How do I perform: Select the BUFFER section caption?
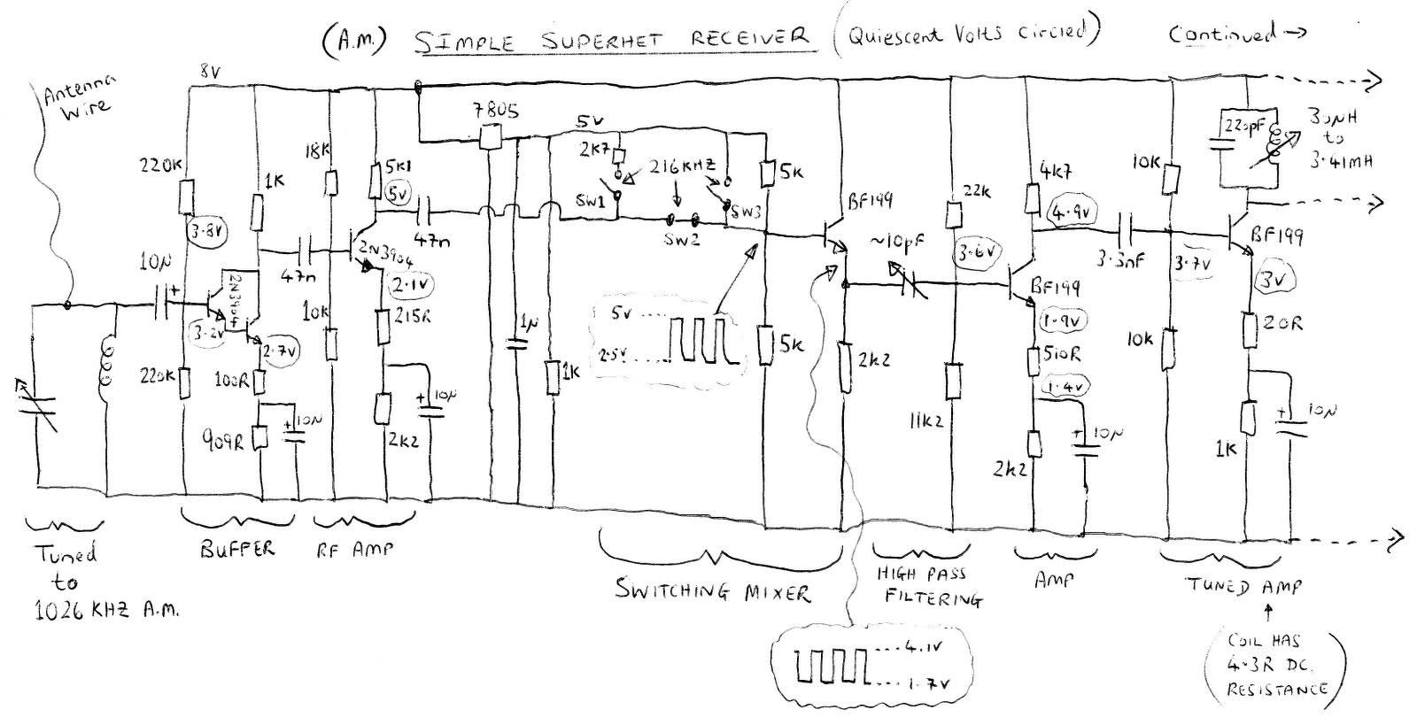coord(236,549)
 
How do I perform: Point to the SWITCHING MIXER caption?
coord(712,590)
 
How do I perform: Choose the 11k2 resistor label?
coord(922,423)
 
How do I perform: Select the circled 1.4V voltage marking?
coord(1066,387)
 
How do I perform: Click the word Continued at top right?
coord(1223,35)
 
